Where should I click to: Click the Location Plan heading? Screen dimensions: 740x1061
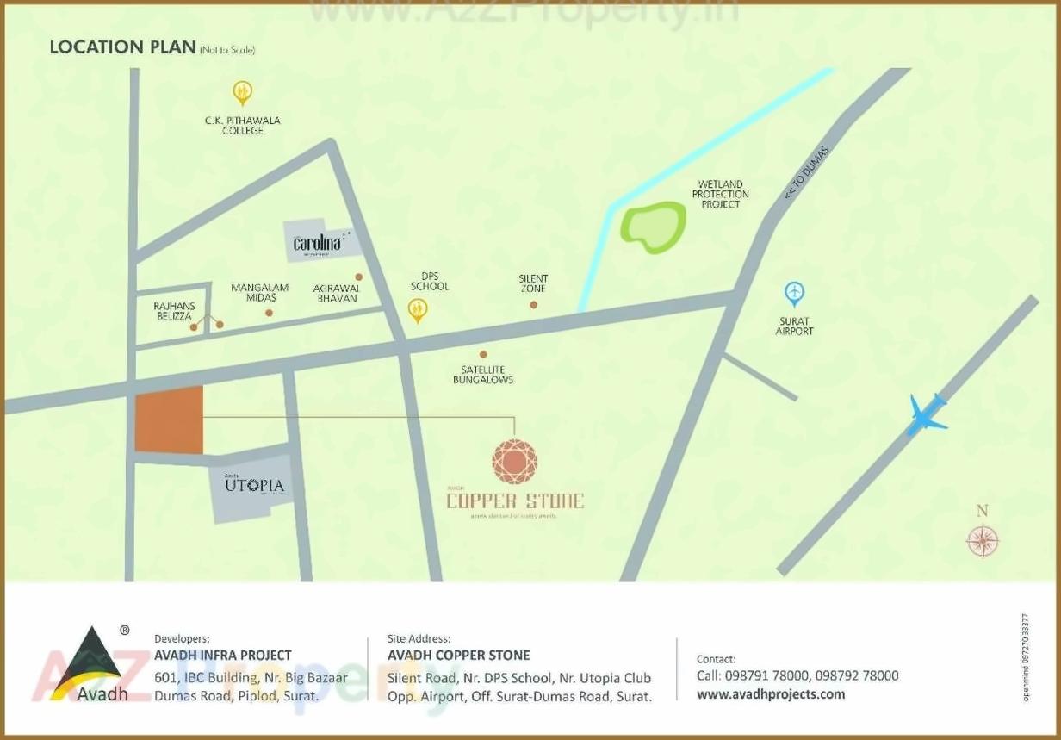pyautogui.click(x=122, y=47)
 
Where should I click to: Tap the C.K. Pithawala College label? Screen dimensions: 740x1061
pyautogui.click(x=242, y=126)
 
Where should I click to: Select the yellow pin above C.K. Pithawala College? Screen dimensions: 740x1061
pyautogui.click(x=243, y=91)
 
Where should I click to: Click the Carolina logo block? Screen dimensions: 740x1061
pyautogui.click(x=317, y=240)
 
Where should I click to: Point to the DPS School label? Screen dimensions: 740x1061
pyautogui.click(x=429, y=281)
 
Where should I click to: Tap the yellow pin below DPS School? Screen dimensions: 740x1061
pyautogui.click(x=418, y=310)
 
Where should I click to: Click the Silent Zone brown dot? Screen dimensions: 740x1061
pyautogui.click(x=534, y=304)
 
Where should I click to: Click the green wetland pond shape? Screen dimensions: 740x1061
pyautogui.click(x=654, y=227)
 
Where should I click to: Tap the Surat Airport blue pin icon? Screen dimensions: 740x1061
pyautogui.click(x=794, y=294)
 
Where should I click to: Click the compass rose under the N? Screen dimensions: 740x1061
pyautogui.click(x=982, y=541)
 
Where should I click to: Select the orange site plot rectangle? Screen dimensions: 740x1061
pyautogui.click(x=169, y=420)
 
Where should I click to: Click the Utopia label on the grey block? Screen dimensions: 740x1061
pyautogui.click(x=254, y=485)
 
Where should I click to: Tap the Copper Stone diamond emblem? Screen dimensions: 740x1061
pyautogui.click(x=515, y=461)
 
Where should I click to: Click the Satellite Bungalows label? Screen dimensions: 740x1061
pyautogui.click(x=483, y=375)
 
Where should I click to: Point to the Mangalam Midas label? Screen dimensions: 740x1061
pyautogui.click(x=259, y=292)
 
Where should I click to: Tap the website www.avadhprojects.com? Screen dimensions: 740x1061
pyautogui.click(x=771, y=694)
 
